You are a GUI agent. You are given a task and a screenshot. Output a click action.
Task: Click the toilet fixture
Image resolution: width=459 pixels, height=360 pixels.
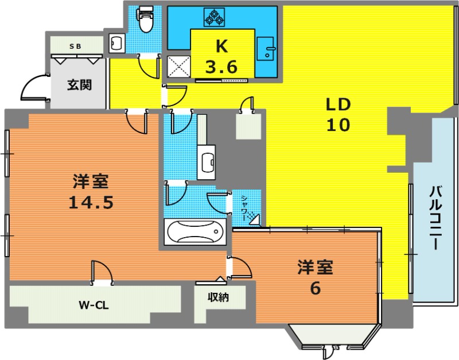145,20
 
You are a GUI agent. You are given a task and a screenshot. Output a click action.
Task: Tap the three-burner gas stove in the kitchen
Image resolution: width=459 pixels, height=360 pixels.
214,18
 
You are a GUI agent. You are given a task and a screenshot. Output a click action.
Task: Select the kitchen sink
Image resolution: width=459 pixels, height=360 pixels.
266,49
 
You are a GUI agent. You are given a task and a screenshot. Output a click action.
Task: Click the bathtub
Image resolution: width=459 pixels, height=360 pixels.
195,232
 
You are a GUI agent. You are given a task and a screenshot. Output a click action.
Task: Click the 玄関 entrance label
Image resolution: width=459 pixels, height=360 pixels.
79,84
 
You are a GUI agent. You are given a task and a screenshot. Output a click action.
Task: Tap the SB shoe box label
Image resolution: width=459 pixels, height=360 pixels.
75,47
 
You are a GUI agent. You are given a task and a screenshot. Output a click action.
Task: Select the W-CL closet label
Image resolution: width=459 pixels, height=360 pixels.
94,305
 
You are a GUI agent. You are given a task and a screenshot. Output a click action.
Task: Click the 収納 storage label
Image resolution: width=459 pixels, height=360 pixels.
219,297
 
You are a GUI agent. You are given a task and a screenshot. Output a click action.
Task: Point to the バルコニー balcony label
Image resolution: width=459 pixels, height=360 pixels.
435,218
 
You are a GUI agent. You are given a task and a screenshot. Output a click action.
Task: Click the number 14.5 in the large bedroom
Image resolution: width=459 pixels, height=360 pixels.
91,202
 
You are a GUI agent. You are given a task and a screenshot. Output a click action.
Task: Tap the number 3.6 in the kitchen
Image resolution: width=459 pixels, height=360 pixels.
221,67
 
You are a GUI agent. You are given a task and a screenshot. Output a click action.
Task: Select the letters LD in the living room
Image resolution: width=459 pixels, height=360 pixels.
339,104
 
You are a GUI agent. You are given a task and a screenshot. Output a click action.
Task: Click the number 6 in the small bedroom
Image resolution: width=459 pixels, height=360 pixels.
315,288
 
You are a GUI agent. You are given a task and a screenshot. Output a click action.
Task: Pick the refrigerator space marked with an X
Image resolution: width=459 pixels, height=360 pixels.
178,67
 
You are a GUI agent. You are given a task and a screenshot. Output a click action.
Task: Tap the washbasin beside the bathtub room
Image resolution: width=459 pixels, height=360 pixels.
206,162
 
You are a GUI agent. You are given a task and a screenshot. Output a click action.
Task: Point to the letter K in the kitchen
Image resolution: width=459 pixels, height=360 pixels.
221,46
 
